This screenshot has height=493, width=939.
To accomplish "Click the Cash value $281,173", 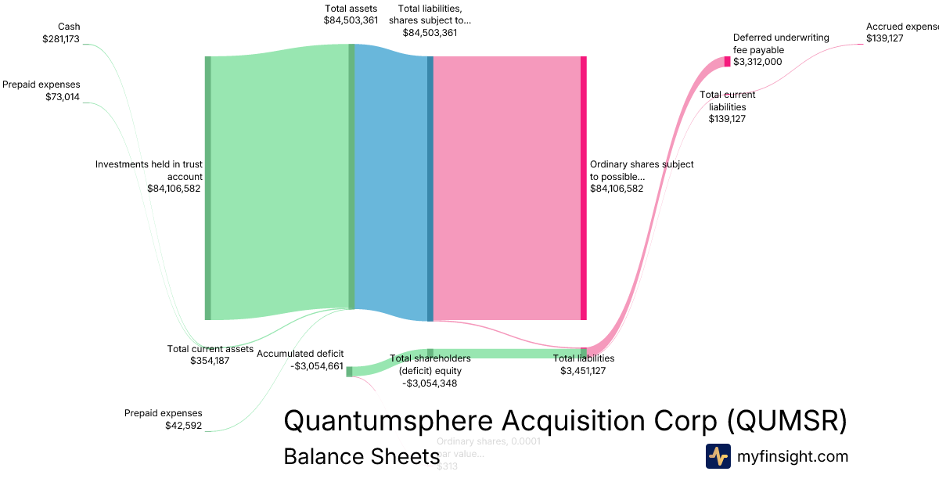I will tap(61, 38).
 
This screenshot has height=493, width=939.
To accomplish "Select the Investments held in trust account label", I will tap(149, 171).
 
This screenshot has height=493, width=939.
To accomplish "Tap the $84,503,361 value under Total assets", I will tap(351, 20).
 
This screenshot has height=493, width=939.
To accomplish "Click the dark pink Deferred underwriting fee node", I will tap(727, 61).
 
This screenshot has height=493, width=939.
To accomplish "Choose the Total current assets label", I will tap(210, 349).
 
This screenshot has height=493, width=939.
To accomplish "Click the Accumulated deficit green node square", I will tap(350, 372).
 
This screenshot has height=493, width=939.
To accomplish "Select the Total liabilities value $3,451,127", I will tap(583, 371).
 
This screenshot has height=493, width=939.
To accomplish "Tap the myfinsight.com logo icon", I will tap(718, 456).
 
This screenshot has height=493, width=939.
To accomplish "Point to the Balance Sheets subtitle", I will tap(361, 457).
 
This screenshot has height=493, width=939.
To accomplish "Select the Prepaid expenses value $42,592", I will tap(183, 426).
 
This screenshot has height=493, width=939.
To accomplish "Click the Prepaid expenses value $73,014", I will tap(63, 97).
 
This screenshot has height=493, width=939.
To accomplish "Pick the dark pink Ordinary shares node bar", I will tap(584, 188).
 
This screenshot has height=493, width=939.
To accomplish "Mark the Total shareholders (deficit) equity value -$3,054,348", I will tap(430, 383).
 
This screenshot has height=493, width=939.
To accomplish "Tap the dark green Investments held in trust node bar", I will tap(208, 188).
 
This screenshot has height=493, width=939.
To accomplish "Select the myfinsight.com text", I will tap(792, 456).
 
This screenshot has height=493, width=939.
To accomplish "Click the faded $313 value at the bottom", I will tap(448, 466).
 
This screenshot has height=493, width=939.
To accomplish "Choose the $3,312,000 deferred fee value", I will tap(757, 62).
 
